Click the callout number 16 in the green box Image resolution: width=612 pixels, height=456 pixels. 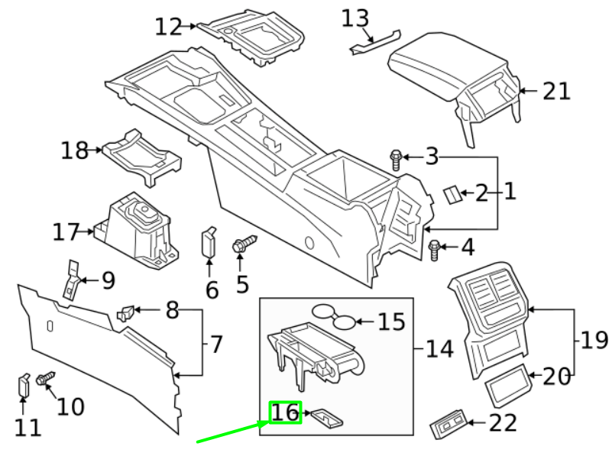pos(286,412)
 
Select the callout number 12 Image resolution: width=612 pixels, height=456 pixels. pos(169,27)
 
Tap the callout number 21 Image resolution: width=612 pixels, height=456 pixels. pos(556,92)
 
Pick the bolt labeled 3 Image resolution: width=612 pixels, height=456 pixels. pos(396,159)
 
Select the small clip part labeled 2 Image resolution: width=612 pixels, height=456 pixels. pos(452,194)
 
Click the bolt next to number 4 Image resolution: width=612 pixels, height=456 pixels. pos(436,248)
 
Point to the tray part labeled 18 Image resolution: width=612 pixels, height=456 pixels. pos(144,152)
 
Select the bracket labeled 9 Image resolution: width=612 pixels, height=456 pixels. pos(72,280)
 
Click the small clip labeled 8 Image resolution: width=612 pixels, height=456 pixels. pos(126,312)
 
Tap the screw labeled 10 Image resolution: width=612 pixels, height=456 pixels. pos(46,378)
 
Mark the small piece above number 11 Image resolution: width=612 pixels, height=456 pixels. pos(24,384)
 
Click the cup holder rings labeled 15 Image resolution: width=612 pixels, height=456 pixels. pos(335,315)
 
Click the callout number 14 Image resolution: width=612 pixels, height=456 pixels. pos(439,350)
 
